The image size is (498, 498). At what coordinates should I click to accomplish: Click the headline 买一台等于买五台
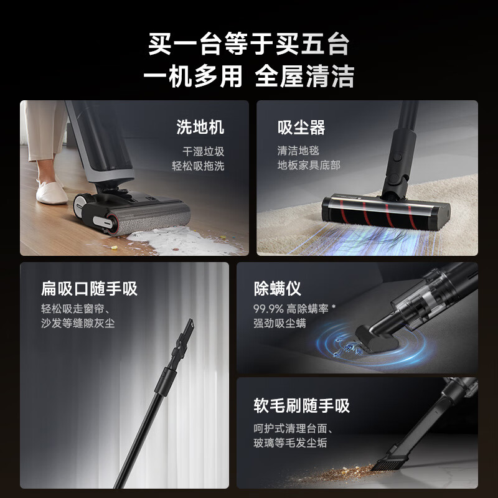[249, 45]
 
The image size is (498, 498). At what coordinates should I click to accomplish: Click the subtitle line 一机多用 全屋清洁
[249, 77]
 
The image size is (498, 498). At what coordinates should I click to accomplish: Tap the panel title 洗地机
[200, 128]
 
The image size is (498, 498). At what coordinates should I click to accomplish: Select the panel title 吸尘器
[301, 128]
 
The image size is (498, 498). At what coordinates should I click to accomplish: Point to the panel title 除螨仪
[278, 288]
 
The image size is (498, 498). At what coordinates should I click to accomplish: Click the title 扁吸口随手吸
[89, 288]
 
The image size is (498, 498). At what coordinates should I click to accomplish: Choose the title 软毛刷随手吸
[301, 406]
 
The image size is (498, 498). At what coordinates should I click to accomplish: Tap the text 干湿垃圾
[203, 151]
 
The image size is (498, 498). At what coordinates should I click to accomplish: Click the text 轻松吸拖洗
[198, 166]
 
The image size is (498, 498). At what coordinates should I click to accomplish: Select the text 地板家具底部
[309, 166]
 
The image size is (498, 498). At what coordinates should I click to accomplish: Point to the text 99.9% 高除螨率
[293, 309]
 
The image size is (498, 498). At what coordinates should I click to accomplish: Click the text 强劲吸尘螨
[280, 324]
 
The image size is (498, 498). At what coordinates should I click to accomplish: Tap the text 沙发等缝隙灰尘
[78, 324]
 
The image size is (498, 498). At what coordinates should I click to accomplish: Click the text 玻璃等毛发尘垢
[290, 443]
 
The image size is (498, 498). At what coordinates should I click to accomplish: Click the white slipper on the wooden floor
[52, 190]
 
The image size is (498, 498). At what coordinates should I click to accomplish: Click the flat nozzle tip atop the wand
[189, 327]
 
